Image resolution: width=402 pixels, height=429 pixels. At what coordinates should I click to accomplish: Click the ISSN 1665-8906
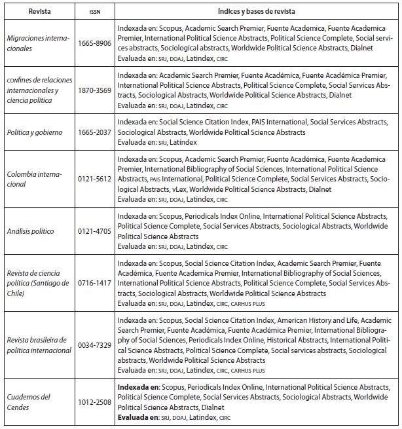click(x=94, y=44)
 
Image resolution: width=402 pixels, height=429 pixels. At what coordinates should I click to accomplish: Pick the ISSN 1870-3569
click(x=94, y=90)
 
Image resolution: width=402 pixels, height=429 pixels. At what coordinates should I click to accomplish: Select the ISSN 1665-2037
click(x=94, y=132)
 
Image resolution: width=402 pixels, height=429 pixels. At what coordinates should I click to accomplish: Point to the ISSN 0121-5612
click(x=94, y=179)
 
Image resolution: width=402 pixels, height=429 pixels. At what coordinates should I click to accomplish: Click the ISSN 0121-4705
click(x=94, y=231)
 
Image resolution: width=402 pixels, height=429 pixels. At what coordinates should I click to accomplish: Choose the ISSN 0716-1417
click(x=94, y=284)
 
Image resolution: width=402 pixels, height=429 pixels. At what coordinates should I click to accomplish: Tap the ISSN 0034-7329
click(x=94, y=345)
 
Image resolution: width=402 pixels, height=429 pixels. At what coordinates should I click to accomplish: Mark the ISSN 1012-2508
click(x=94, y=401)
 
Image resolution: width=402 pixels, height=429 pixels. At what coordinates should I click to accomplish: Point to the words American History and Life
click(x=316, y=320)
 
